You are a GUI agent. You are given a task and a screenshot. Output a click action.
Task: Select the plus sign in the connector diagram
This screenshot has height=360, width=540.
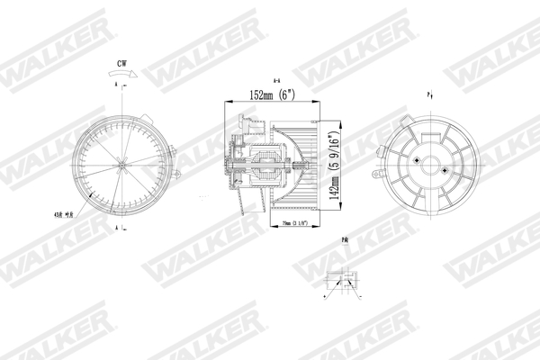click(x=324, y=296)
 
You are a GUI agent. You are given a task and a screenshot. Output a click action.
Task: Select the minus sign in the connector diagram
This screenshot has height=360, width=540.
click(x=361, y=296)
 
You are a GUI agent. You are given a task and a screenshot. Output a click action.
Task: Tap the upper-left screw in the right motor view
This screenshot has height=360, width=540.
click(x=419, y=158)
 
